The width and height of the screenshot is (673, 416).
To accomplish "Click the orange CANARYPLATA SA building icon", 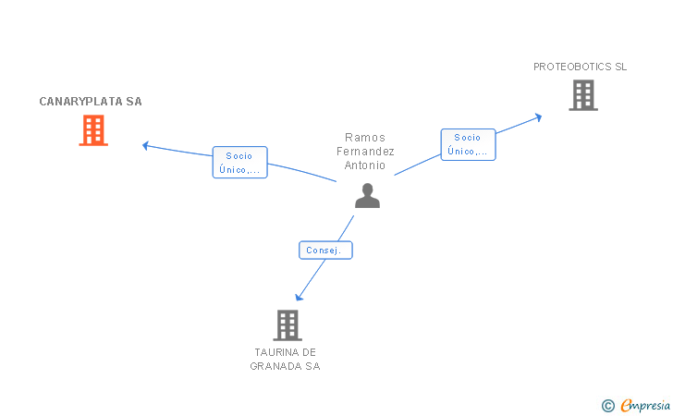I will click(92, 130).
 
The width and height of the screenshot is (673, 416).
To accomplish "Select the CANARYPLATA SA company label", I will click(91, 102).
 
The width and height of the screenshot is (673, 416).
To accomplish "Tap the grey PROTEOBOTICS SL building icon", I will click(582, 95).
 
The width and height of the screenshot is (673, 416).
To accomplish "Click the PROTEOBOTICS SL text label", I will click(580, 67).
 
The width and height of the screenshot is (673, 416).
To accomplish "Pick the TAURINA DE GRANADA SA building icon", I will click(288, 324).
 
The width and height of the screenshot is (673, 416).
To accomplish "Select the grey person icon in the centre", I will click(367, 196).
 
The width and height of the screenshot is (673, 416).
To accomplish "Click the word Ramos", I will click(365, 137).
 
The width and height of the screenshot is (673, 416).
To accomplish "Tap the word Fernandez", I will click(365, 152).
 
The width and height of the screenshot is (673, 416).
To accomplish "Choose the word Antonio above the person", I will click(365, 166).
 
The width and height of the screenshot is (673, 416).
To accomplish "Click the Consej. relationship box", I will click(325, 250).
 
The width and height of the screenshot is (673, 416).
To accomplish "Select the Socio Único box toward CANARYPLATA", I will click(239, 163).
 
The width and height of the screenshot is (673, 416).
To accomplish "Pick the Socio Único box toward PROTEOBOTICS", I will click(468, 144).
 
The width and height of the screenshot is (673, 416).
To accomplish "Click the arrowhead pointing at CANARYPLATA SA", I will click(145, 144).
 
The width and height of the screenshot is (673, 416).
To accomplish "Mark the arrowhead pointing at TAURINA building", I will click(299, 297).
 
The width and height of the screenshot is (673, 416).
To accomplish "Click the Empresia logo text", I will click(645, 405).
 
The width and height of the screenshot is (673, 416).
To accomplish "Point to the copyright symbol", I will click(607, 405).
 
